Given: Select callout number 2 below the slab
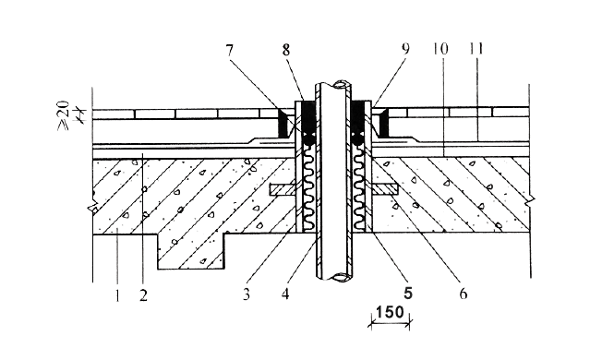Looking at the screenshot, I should tap(142, 295).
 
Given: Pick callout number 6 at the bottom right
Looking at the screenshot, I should tap(464, 295).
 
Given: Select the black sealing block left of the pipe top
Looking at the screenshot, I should tap(300, 114).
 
